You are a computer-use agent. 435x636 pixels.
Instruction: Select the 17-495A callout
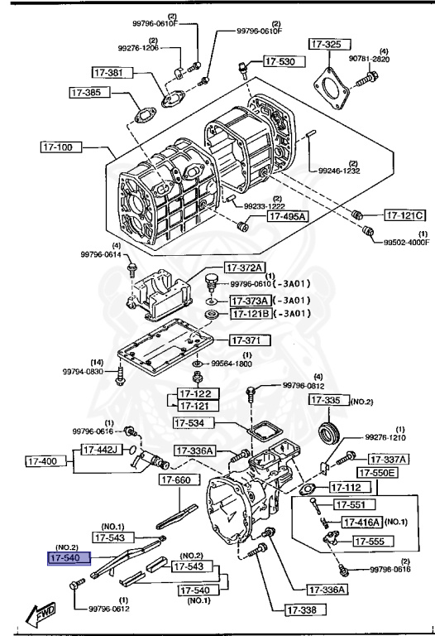[286, 217]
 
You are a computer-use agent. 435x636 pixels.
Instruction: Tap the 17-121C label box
[405, 215]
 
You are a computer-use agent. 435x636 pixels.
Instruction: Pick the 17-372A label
[246, 267]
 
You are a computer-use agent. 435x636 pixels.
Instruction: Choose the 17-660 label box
[177, 479]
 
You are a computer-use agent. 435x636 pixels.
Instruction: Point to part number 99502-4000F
[406, 242]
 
